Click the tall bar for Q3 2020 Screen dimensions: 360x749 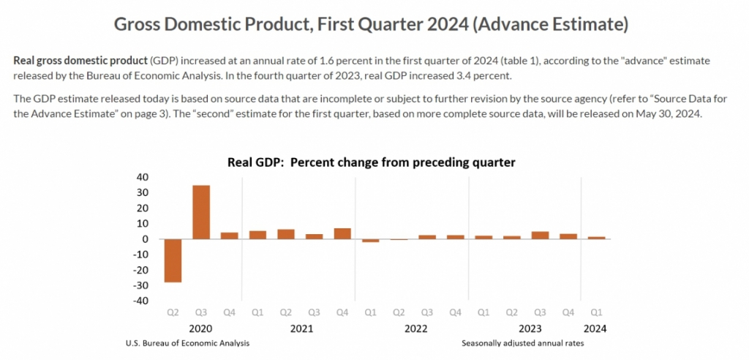(x=201, y=211)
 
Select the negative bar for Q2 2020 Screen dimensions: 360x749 (x=173, y=260)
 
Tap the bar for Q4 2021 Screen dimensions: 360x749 (x=342, y=233)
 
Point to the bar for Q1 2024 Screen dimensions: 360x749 (x=597, y=237)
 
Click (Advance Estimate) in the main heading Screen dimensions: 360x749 (x=550, y=23)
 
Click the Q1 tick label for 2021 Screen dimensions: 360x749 (x=257, y=312)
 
